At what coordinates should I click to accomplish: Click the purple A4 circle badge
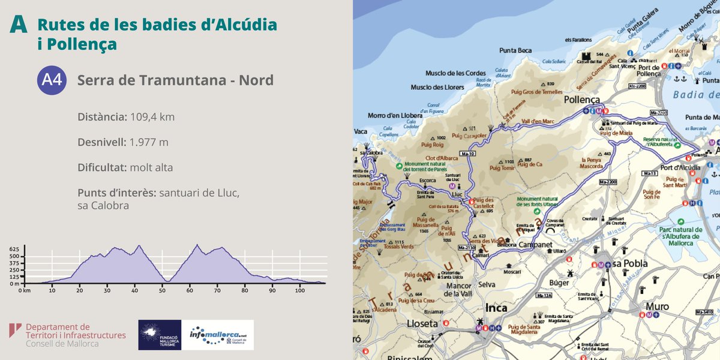point(52,80)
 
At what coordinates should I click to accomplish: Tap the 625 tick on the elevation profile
point(14,249)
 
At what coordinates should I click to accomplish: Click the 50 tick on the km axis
point(162,290)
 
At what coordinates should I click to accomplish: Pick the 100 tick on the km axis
point(299,290)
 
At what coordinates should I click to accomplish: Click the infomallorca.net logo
point(218,335)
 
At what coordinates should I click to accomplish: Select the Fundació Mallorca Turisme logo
point(160,335)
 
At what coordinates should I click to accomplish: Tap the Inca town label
point(496,308)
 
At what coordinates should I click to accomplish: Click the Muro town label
point(657,307)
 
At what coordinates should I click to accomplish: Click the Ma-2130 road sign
point(466,247)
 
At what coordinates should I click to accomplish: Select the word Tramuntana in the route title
point(175,80)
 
